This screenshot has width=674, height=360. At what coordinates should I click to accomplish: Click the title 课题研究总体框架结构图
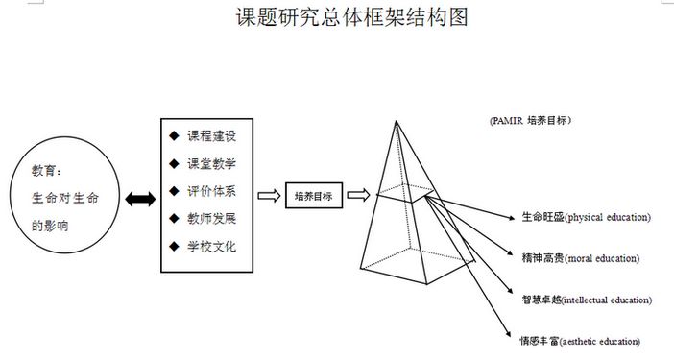point(351,17)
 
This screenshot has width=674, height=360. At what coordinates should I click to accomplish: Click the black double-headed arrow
point(140,199)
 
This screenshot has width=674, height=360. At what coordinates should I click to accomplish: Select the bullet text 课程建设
point(211,136)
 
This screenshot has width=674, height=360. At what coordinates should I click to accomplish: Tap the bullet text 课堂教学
point(211,163)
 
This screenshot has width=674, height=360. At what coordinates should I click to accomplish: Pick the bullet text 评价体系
point(211,191)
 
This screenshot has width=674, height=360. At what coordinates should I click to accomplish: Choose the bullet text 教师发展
point(211,219)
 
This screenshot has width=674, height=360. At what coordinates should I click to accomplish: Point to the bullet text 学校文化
point(211,246)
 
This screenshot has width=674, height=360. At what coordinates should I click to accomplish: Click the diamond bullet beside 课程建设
point(174,135)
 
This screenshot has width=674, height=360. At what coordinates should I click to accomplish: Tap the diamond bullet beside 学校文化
point(174,246)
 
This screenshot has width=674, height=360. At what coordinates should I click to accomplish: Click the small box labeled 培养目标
point(314,196)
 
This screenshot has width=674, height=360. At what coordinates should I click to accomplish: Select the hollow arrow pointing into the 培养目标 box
point(269,196)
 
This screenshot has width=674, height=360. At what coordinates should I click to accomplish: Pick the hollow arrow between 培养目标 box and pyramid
point(358,195)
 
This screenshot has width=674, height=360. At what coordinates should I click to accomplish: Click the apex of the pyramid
point(396,122)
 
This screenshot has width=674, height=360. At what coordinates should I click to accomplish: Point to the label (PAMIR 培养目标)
point(530,120)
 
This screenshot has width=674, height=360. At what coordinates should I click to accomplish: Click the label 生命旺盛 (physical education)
point(587,217)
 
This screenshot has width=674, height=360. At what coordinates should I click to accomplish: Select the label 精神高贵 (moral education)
point(581,258)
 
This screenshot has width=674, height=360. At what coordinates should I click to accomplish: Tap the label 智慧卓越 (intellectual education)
point(587,300)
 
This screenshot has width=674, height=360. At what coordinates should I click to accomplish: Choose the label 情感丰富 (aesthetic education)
point(580,341)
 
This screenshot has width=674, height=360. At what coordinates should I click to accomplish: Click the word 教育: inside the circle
point(46,171)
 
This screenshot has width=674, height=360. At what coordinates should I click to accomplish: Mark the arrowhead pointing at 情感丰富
point(508,334)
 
